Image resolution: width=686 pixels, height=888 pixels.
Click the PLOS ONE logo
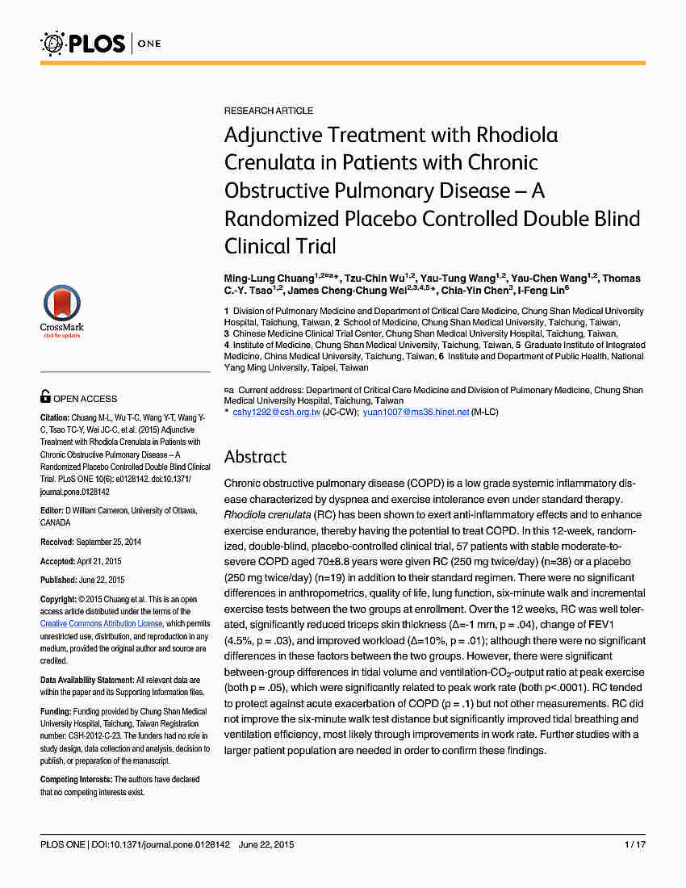pyautogui.click(x=101, y=42)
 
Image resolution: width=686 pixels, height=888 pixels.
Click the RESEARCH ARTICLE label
pyautogui.click(x=269, y=111)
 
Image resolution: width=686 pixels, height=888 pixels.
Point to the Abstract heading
pyautogui.click(x=255, y=457)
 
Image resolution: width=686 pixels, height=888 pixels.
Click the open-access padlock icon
pyautogui.click(x=46, y=397)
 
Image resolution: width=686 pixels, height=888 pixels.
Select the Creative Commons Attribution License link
pyautogui.click(x=102, y=624)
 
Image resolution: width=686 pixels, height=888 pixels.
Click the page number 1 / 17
pyautogui.click(x=634, y=845)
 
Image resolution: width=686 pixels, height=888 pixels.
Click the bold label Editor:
pyautogui.click(x=52, y=510)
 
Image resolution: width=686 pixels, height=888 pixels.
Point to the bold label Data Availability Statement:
pyautogui.click(x=86, y=681)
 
